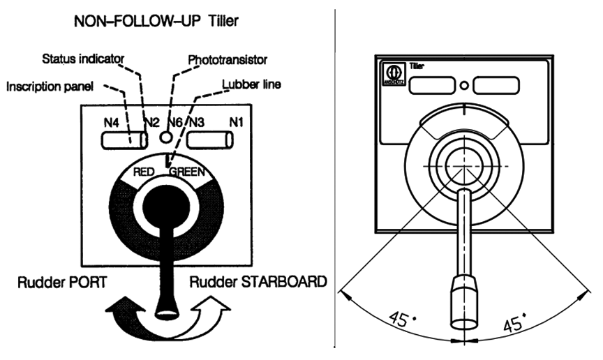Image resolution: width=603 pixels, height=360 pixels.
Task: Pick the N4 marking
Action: [112, 123]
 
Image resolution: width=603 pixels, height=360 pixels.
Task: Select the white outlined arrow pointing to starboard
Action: [209, 307]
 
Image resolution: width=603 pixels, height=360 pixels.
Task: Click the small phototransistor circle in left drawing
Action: [165, 137]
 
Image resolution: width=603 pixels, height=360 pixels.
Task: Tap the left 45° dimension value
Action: [404, 320]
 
